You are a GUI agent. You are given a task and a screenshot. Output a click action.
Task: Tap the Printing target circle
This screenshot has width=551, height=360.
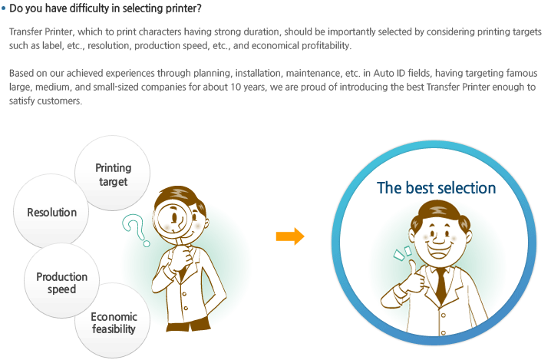pos(114,174)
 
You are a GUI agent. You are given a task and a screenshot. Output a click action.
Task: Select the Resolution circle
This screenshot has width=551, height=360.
pos(51,212)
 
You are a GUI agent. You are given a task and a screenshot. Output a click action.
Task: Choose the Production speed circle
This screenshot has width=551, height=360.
pos(62,282)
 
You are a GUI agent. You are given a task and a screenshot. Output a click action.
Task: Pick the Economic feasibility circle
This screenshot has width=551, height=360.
pos(114,322)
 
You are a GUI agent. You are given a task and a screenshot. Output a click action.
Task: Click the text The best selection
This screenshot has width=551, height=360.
pos(436,188)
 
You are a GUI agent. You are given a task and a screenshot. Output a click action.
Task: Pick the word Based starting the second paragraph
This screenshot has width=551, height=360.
pos(21,74)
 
